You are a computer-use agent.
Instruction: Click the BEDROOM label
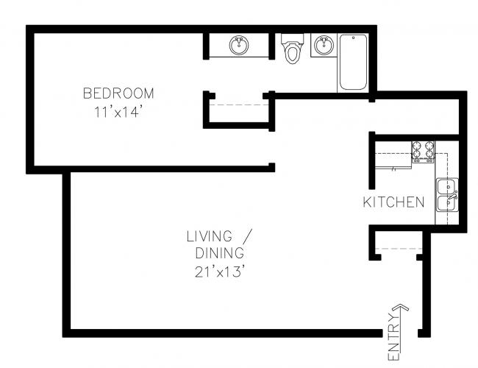118,93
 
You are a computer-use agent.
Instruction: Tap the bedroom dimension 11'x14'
118,112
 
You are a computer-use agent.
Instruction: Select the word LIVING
210,236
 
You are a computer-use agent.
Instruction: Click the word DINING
219,253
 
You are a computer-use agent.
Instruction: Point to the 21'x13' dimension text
220,272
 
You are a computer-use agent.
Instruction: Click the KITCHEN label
393,202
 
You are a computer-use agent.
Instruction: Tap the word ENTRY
393,337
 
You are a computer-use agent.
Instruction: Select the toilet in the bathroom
293,49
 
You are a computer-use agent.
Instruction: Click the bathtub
353,63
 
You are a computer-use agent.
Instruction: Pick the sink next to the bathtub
324,45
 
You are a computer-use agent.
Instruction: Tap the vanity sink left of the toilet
239,46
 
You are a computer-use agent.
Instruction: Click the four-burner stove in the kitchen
423,152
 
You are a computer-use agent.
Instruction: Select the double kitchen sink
447,195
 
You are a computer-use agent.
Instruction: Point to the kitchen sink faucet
452,196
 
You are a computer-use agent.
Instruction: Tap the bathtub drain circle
353,38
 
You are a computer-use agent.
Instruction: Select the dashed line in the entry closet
399,249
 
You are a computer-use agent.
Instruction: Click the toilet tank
293,38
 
